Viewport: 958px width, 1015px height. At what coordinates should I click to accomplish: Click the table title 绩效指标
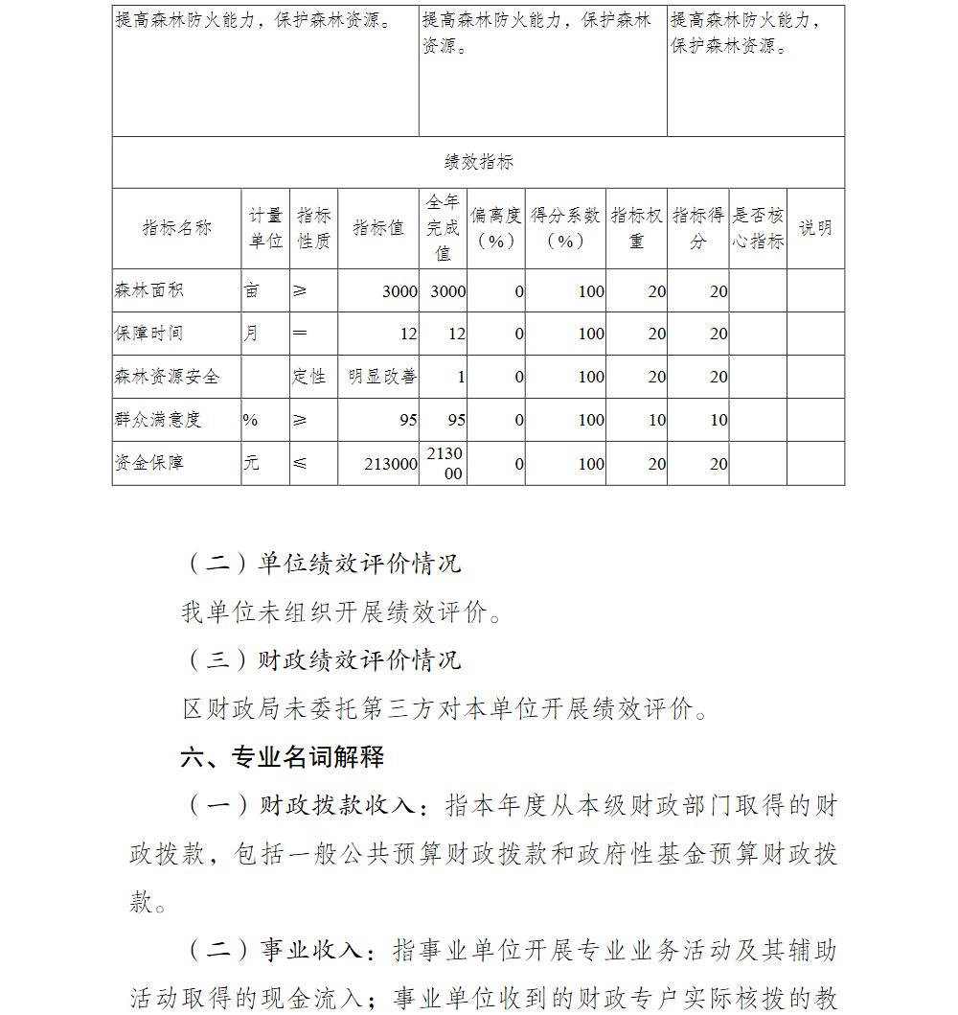(478, 162)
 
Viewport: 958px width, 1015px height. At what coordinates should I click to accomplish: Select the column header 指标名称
(176, 228)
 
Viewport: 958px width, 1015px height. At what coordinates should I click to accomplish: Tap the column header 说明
(815, 228)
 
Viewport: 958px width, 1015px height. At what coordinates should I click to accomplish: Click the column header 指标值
(378, 228)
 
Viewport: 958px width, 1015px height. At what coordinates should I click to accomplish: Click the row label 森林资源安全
(167, 377)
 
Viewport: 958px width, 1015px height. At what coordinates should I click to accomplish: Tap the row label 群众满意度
(158, 420)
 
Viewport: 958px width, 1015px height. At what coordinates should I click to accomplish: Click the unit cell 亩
(251, 290)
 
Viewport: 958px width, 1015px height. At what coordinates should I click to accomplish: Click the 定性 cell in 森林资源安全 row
(308, 377)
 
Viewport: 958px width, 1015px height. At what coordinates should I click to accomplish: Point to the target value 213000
(391, 464)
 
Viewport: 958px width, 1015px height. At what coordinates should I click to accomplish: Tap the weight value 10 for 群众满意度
(657, 420)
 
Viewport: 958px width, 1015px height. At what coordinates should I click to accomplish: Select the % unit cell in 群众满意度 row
(250, 420)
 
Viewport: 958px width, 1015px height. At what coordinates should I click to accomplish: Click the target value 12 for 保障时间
(409, 334)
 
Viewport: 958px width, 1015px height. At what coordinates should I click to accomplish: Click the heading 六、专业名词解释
(283, 757)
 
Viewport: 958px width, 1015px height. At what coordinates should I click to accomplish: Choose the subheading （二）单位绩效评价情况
(322, 563)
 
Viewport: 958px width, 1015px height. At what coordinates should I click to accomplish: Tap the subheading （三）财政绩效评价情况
(322, 660)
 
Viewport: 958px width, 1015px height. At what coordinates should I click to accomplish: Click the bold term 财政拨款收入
(336, 806)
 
